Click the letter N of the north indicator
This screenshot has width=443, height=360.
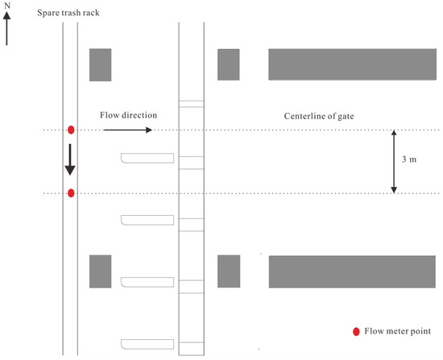pyautogui.click(x=7, y=5)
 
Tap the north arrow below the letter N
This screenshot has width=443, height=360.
pyautogui.click(x=6, y=28)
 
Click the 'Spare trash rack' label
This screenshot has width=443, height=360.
pyautogui.click(x=68, y=13)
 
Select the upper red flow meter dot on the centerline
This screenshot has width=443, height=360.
pyautogui.click(x=71, y=130)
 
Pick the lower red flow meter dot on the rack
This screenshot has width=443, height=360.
pyautogui.click(x=71, y=193)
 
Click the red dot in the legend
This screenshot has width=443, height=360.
pyautogui.click(x=356, y=332)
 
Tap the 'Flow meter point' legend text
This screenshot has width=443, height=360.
pyautogui.click(x=398, y=331)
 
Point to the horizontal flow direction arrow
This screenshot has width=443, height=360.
pyautogui.click(x=128, y=130)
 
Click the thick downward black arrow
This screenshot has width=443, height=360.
pyautogui.click(x=70, y=159)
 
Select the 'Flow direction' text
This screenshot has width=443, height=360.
pyautogui.click(x=128, y=115)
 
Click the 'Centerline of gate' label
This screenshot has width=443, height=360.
pyautogui.click(x=319, y=116)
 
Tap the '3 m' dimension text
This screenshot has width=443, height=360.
pyautogui.click(x=409, y=159)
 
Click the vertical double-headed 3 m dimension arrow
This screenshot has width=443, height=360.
pyautogui.click(x=394, y=162)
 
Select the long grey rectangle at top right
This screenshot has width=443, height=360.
pyautogui.click(x=352, y=64)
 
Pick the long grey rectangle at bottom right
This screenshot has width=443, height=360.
pyautogui.click(x=352, y=272)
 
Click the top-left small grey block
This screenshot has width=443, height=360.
pyautogui.click(x=101, y=65)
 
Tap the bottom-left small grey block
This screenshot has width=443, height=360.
pyautogui.click(x=101, y=271)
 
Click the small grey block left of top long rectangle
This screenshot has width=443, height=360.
pyautogui.click(x=229, y=64)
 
